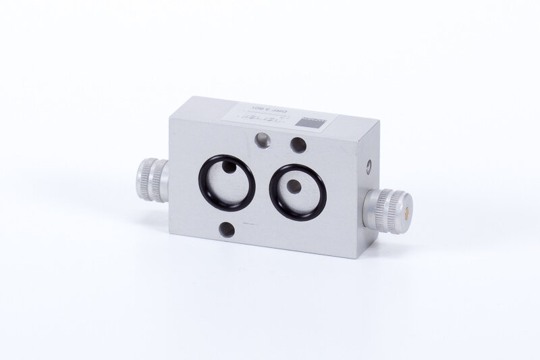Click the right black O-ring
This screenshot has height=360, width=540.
(274, 188)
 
